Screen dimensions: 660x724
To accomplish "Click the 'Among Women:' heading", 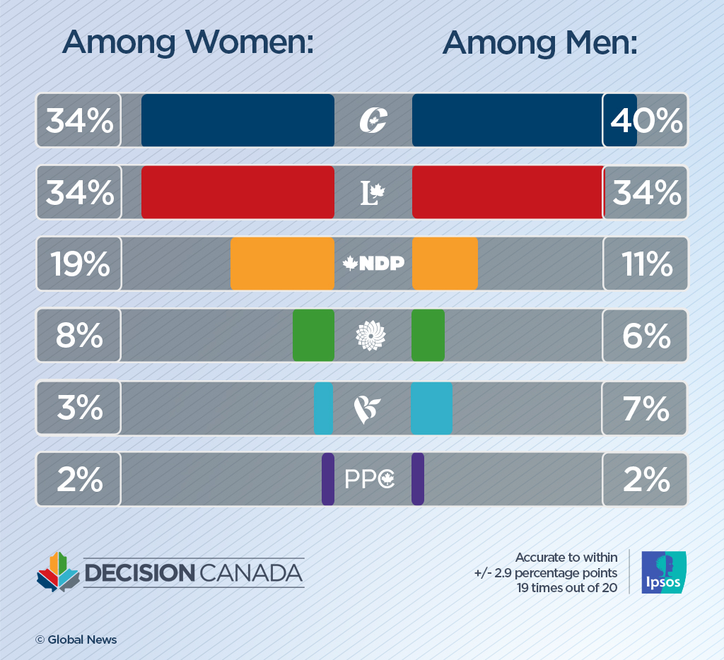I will coord(188,44).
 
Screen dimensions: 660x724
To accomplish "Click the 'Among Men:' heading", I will coord(540,44).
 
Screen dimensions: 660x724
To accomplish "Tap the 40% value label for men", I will coord(646,121).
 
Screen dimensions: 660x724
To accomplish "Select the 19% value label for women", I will coord(79,264).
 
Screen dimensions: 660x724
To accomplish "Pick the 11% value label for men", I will coord(646,264).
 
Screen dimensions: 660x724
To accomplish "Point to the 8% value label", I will coord(79,336).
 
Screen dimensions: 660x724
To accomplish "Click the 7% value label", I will coord(646,408).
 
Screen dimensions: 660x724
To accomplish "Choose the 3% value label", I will coord(79,408).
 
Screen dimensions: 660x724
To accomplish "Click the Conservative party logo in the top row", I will coord(373,121).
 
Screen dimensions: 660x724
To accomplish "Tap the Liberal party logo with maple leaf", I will coord(373,193).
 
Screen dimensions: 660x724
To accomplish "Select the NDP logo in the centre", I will coord(373,264).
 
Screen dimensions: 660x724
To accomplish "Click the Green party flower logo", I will coord(370,336).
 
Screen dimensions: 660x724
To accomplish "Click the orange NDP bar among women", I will coord(282,264).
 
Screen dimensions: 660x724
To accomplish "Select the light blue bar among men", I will coord(431,408).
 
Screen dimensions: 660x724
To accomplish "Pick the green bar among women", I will coord(313,336).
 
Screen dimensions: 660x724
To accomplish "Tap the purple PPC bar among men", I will coord(418,480).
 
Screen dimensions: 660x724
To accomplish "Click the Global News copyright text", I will coord(76,640).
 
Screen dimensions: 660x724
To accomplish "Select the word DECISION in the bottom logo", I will coord(139,573).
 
